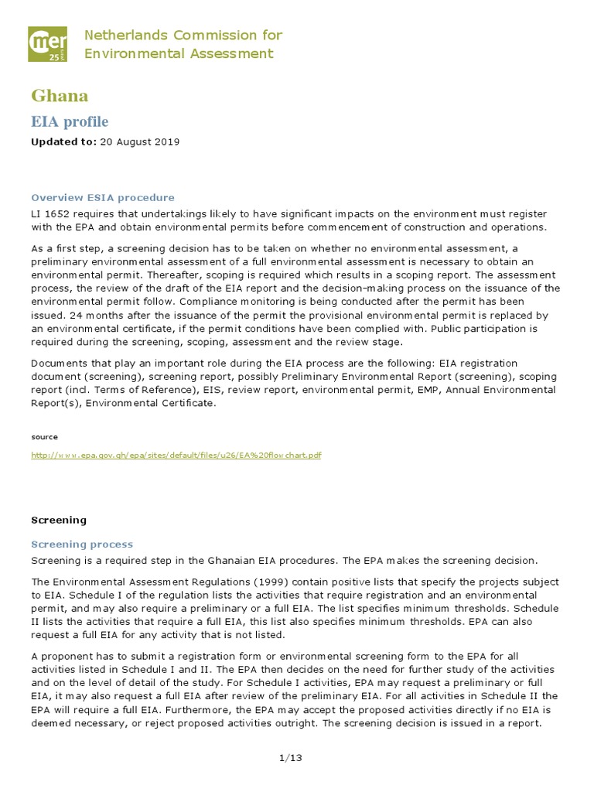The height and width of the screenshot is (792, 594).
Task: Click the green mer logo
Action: click(48, 44)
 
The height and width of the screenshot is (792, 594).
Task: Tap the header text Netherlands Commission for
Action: click(183, 36)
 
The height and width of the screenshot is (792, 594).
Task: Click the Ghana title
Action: click(60, 96)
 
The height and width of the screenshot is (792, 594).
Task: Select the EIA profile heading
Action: click(70, 122)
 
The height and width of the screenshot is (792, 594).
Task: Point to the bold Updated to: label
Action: click(63, 142)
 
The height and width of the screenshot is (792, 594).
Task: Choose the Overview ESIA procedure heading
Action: click(102, 197)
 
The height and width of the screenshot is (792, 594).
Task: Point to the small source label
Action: click(44, 437)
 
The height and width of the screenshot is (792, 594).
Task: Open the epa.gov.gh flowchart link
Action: click(176, 456)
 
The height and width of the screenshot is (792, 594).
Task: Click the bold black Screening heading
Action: click(59, 520)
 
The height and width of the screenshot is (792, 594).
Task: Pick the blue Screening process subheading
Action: click(81, 544)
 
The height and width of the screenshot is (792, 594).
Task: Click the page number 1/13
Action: click(290, 757)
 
